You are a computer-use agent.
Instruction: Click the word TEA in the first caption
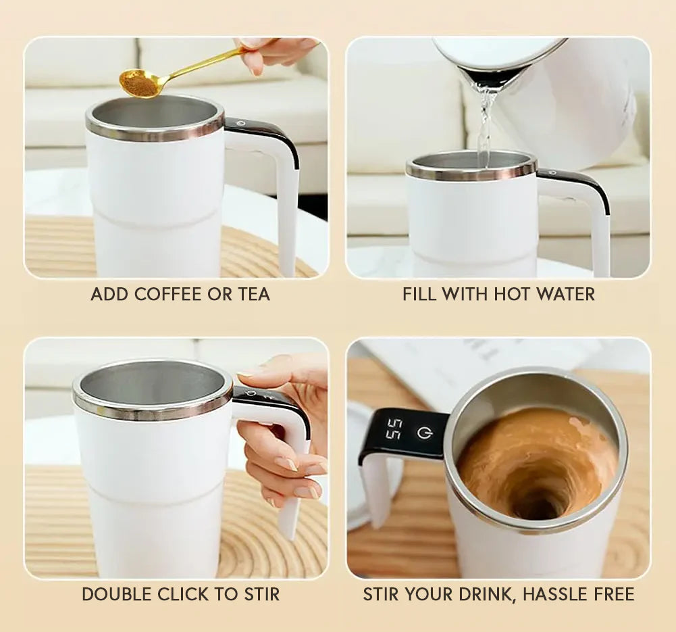coord(254,294)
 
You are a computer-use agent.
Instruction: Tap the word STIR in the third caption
coord(262,594)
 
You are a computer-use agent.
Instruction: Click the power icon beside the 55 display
coord(424,433)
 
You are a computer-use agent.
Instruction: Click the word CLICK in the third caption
coord(184,594)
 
